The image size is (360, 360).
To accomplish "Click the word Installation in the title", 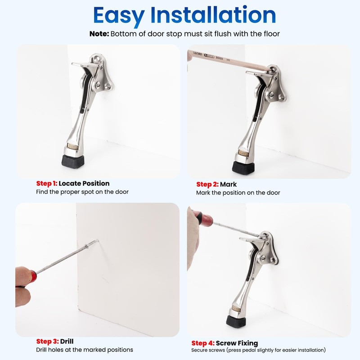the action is point(213,15).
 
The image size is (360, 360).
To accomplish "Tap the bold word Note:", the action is point(99,34).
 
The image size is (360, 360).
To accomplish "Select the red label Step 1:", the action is point(47,184).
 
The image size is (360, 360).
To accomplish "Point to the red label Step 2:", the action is point(207,184).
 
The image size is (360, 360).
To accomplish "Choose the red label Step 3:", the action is point(47,342).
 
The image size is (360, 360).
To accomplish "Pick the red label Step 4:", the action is point(203,343).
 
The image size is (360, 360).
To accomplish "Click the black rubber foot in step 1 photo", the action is point(73,161).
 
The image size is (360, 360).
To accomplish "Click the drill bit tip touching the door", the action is point(98,241).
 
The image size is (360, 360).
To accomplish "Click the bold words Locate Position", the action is point(84,184).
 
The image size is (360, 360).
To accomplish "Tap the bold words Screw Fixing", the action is point(237,343).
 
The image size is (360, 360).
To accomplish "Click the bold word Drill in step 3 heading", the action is point(67,342).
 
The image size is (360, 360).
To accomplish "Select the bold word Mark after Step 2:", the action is point(228,184).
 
